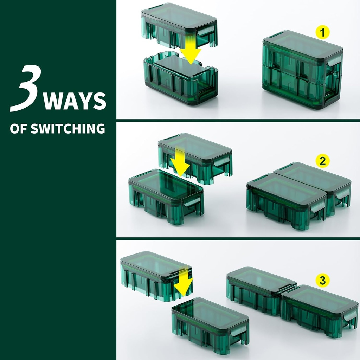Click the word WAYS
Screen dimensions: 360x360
[x=75, y=101]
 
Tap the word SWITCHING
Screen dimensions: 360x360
[x=68, y=128]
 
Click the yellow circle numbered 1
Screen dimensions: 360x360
[x=322, y=33]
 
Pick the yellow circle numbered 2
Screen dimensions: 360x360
[x=322, y=161]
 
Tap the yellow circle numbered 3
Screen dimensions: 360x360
[x=322, y=281]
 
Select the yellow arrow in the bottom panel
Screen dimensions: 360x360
[x=183, y=282]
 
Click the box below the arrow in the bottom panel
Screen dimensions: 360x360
[x=210, y=325]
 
